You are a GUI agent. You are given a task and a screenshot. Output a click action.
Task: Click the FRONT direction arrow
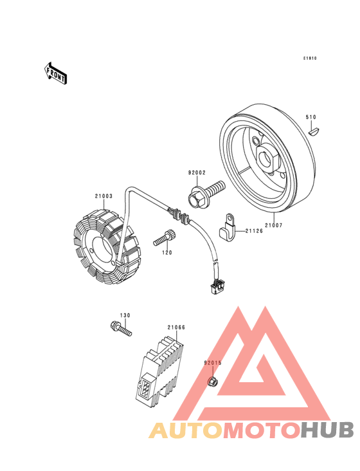(55, 73)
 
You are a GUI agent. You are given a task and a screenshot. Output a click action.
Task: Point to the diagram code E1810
(310, 59)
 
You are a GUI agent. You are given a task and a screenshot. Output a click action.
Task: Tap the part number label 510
(310, 117)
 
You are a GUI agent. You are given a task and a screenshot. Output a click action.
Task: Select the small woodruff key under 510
(315, 132)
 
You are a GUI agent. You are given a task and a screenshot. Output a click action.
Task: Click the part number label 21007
(274, 225)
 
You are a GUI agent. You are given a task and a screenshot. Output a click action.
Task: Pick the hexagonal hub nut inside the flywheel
(269, 156)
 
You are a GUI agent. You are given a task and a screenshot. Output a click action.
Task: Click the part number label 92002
(197, 172)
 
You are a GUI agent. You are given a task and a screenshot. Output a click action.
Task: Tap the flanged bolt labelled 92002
(206, 194)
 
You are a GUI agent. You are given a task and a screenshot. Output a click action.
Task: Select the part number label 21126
(254, 231)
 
